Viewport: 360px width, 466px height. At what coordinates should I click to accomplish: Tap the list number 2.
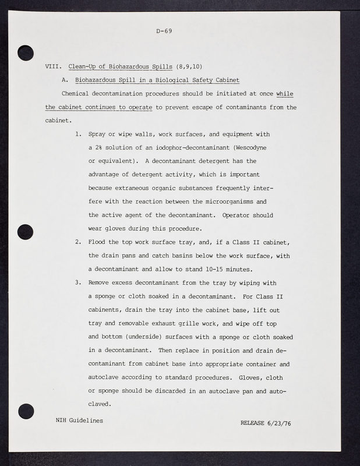(78, 242)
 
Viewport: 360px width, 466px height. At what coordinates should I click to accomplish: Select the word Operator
(239, 215)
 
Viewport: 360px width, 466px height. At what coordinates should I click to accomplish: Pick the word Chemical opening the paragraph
(77, 93)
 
